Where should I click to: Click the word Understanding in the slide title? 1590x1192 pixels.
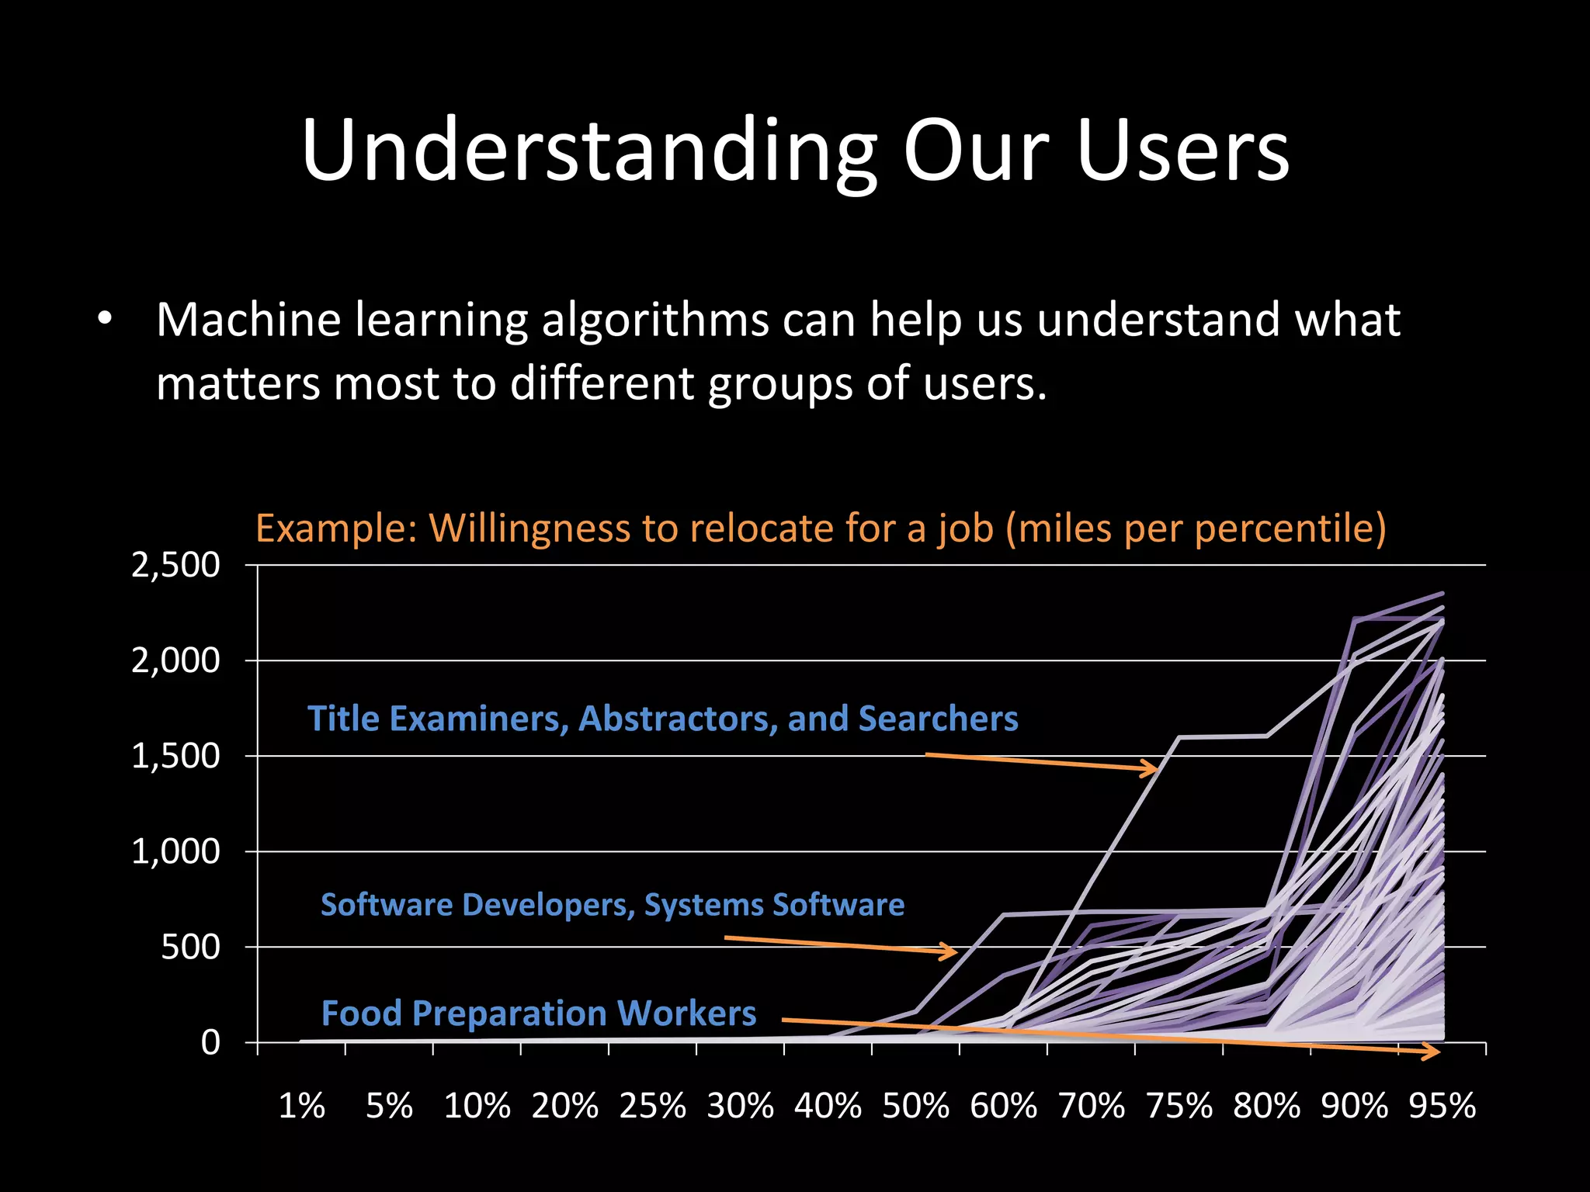pos(589,151)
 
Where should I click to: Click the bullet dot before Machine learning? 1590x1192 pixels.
pos(106,319)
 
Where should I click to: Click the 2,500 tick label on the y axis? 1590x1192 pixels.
pos(175,565)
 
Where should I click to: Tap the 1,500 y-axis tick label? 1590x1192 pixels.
pos(175,756)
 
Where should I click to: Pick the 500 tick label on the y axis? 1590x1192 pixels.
pos(190,947)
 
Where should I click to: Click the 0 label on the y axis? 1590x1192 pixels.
pos(210,1042)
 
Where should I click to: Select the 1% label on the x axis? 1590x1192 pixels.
pos(301,1105)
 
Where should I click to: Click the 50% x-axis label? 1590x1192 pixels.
pos(915,1105)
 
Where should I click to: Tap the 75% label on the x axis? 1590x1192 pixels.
pos(1179,1105)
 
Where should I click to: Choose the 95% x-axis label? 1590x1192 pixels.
pos(1442,1105)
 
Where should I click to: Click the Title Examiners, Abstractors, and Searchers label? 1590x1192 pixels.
pos(662,719)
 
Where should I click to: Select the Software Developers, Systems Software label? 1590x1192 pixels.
pos(613,905)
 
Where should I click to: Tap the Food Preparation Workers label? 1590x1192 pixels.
pos(539,1014)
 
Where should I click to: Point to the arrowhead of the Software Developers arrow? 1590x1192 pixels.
pos(951,951)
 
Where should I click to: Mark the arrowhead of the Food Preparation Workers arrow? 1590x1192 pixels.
pos(1433,1052)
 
